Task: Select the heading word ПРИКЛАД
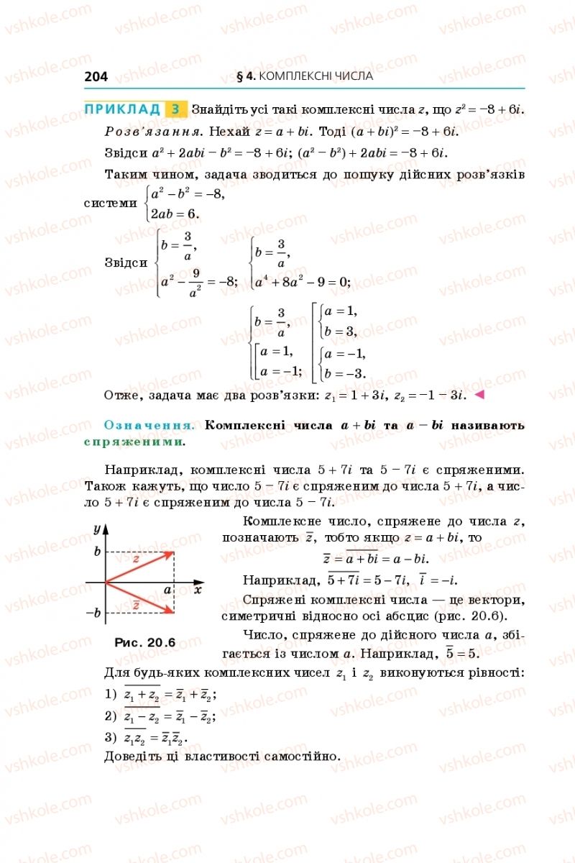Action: click(x=122, y=109)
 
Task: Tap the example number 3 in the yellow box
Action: click(x=175, y=110)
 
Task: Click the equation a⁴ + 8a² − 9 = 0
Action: click(x=303, y=282)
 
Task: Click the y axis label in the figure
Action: click(x=96, y=529)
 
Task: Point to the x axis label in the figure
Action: click(x=197, y=590)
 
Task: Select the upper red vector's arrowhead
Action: click(x=170, y=553)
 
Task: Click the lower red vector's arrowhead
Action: click(x=170, y=611)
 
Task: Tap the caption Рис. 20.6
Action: click(x=144, y=642)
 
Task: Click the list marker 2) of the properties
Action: click(x=110, y=716)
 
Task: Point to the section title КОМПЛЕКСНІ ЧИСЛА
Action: click(x=315, y=76)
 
